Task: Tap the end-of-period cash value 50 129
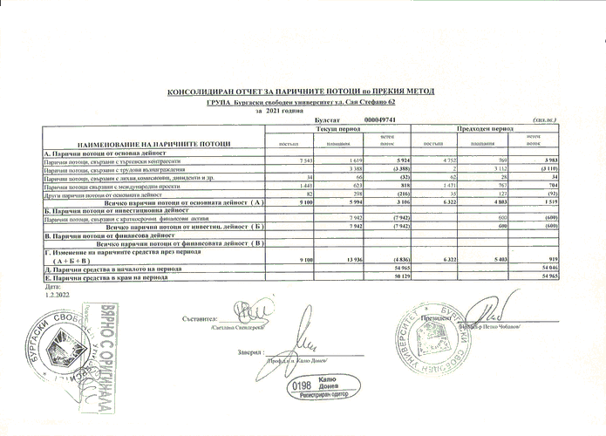[x=401, y=276]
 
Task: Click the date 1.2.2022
[x=54, y=294]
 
